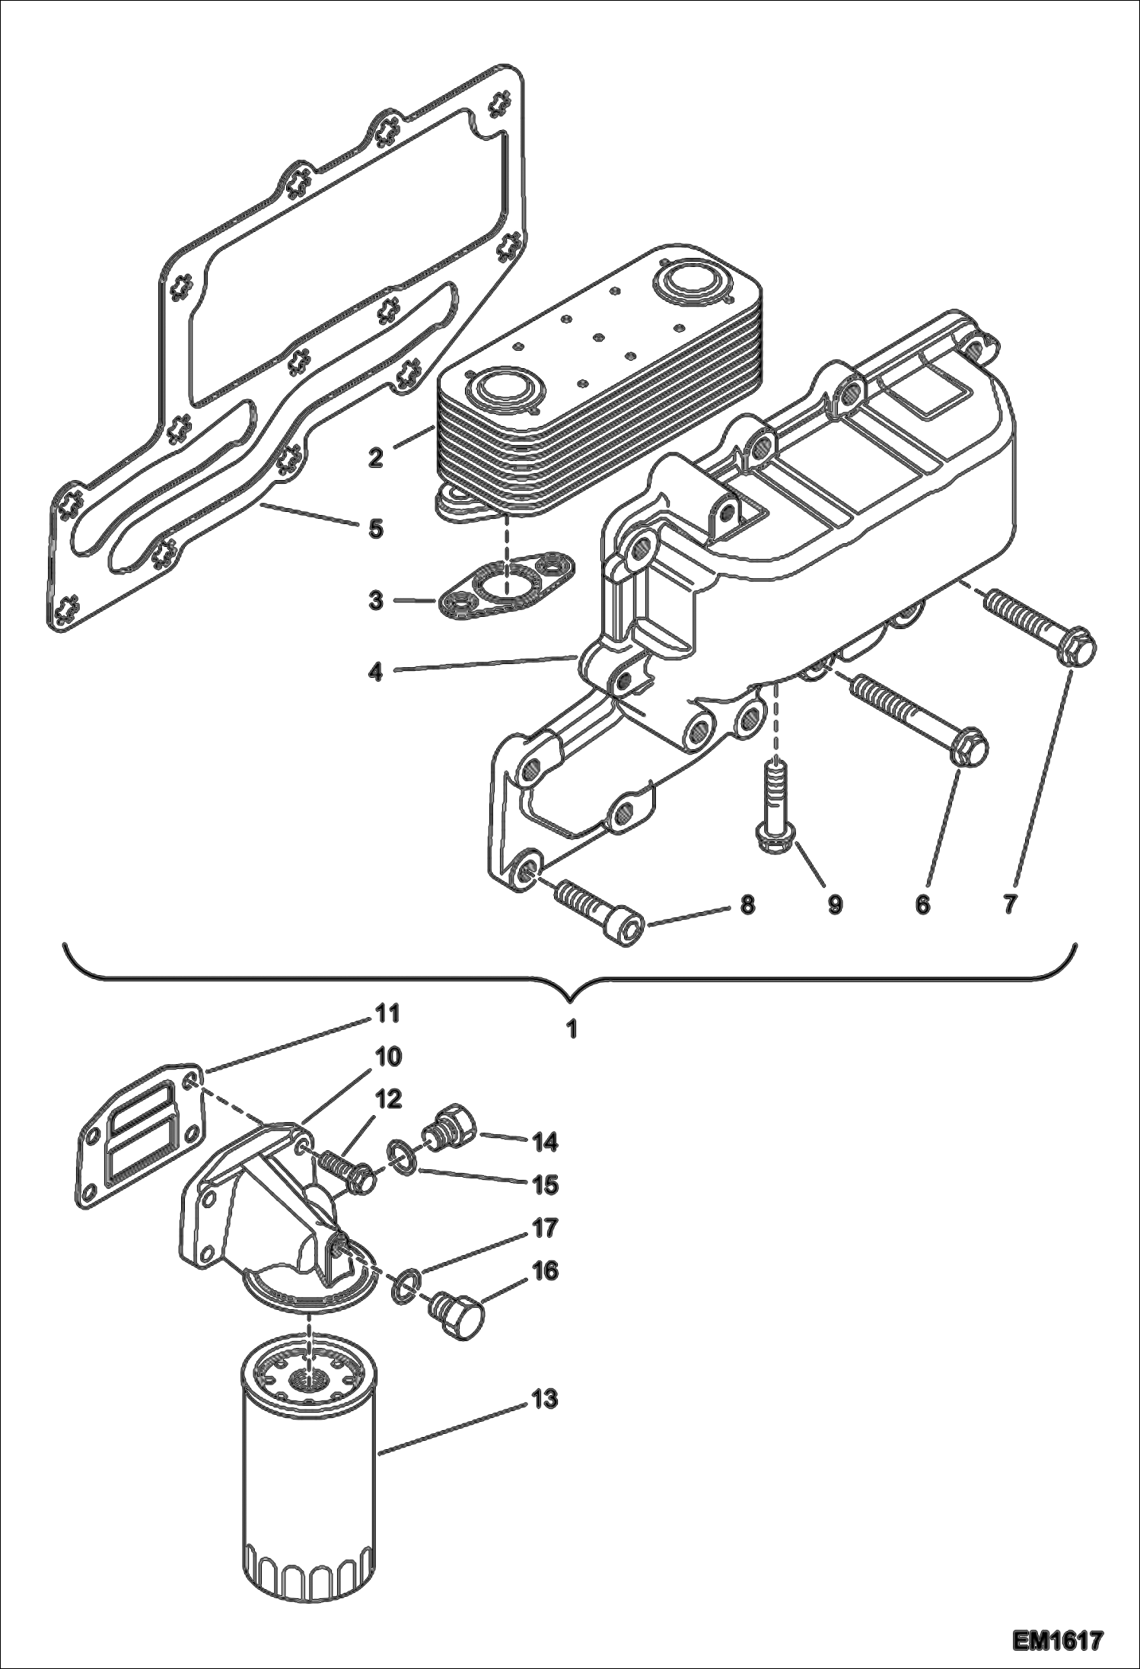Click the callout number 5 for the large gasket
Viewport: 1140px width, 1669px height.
coord(376,529)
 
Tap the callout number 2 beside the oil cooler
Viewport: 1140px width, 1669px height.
coord(376,459)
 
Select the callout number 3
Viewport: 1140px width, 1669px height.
coord(376,600)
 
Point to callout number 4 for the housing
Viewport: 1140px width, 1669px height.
coord(376,672)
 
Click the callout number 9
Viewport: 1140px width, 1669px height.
coord(836,904)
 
